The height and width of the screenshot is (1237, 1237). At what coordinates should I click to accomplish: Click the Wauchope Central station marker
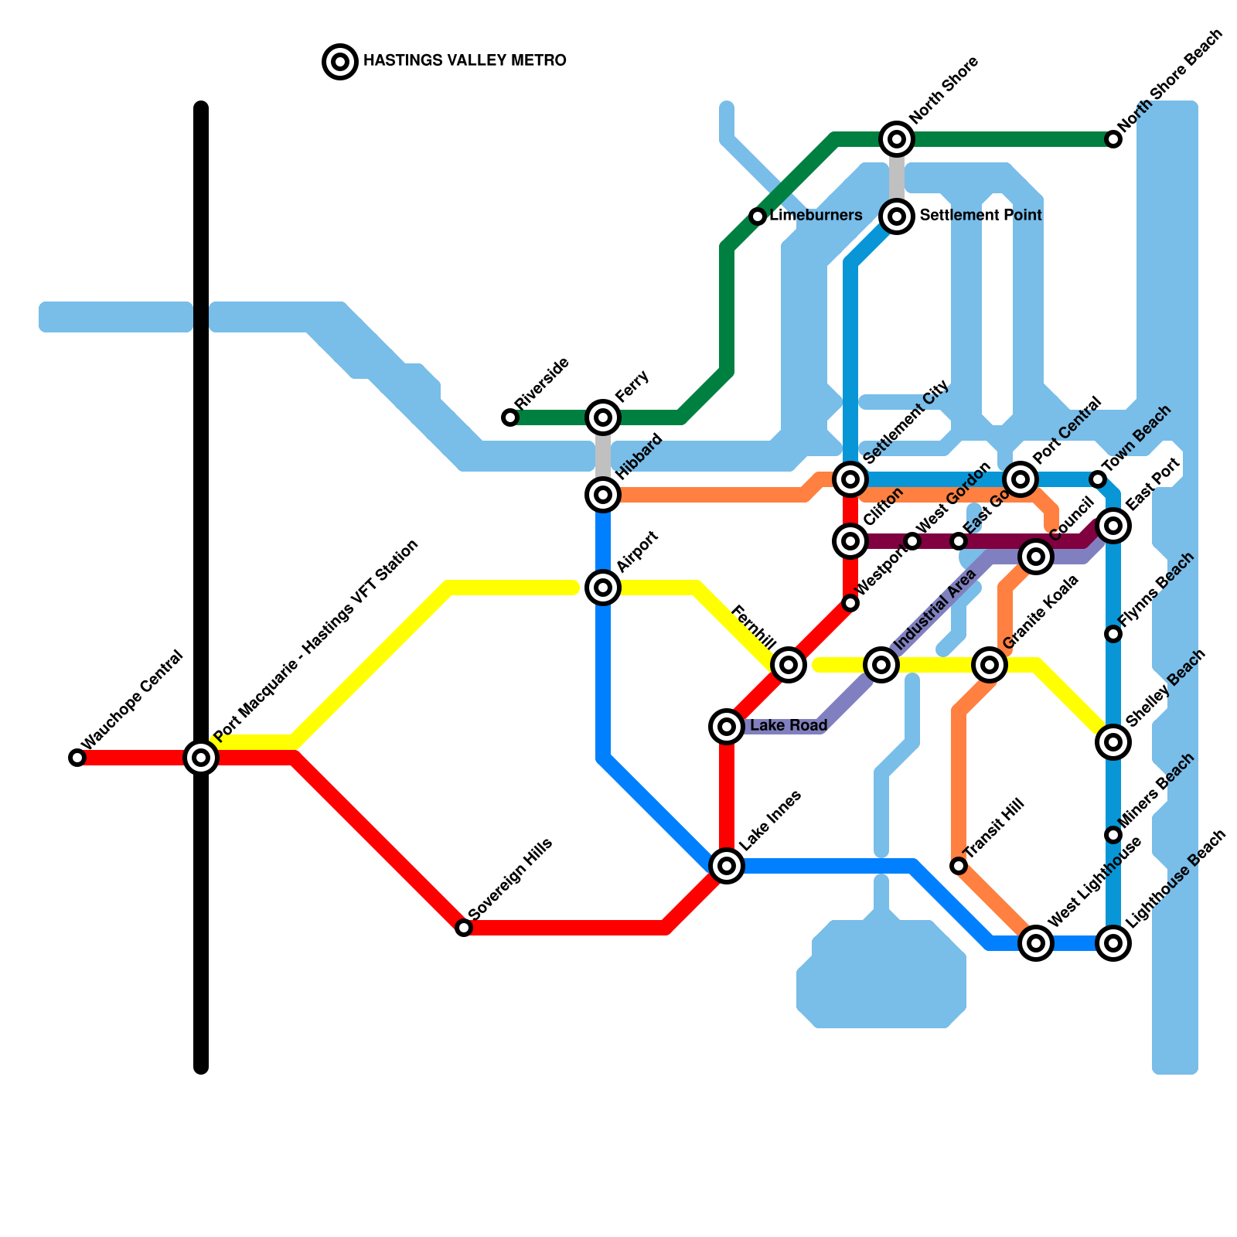77,758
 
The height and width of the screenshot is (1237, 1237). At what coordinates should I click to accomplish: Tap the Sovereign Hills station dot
464,928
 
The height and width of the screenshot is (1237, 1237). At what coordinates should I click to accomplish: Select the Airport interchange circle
603,588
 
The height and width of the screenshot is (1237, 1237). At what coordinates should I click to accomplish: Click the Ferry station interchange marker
603,417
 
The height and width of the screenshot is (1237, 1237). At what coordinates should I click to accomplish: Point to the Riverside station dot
510,417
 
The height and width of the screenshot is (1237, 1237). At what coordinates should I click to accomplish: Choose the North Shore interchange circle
897,139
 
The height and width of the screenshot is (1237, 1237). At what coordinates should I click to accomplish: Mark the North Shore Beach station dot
1113,139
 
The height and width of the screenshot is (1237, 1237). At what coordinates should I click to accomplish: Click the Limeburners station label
816,216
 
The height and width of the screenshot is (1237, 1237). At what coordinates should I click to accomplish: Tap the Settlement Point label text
980,216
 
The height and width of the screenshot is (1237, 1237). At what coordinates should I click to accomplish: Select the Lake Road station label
789,726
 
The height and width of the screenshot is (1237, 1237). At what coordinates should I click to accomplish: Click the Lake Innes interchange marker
727,866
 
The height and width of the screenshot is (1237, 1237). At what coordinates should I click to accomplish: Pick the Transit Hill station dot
959,866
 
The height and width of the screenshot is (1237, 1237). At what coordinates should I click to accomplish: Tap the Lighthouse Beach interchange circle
1113,943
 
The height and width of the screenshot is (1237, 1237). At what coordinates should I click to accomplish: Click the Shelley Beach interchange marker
1113,742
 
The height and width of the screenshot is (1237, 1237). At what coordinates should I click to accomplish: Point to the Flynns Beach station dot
1113,634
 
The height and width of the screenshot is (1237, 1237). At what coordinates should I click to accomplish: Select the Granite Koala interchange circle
990,665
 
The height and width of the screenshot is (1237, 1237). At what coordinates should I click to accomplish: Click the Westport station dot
850,603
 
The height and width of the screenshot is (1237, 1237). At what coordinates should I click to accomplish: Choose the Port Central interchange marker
1021,479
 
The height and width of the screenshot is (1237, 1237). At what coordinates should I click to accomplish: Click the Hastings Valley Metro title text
465,61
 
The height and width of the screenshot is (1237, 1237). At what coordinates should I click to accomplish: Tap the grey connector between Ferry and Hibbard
603,456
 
